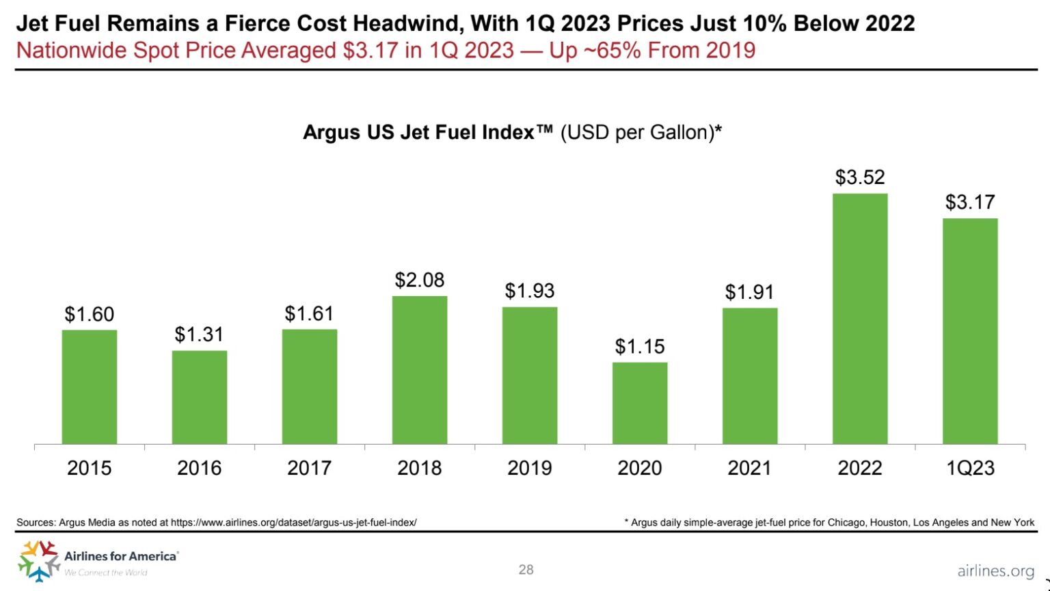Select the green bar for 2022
859,319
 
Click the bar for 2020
639,403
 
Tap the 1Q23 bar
969,331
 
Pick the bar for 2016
199,397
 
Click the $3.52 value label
859,178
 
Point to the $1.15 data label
639,347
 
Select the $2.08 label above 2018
419,280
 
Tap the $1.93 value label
529,291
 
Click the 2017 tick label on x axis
309,469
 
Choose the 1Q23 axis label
969,469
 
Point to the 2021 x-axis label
749,469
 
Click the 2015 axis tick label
89,469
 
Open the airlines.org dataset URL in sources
293,523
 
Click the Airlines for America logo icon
38,560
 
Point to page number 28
526,570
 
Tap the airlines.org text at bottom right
995,571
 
